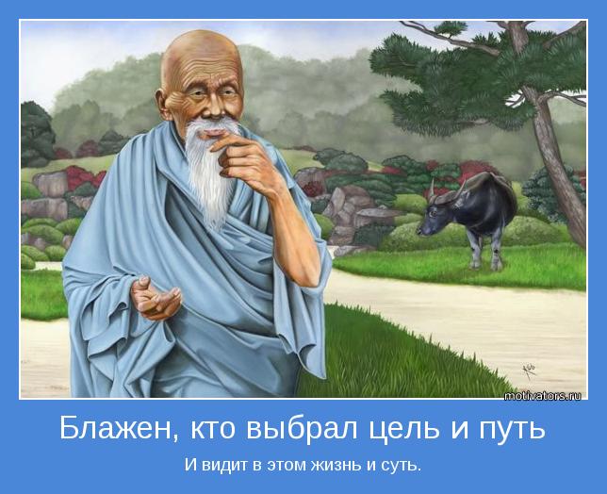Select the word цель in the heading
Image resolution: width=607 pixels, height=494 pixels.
[403, 430]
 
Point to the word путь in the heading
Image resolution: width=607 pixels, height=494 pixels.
[512, 431]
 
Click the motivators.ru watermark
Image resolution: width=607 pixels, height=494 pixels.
[542, 396]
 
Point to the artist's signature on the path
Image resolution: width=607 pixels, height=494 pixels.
[529, 370]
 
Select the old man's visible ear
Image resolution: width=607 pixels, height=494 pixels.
[162, 104]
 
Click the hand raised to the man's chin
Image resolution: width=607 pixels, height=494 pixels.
[240, 156]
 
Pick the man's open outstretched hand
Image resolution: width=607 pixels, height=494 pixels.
[156, 297]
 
